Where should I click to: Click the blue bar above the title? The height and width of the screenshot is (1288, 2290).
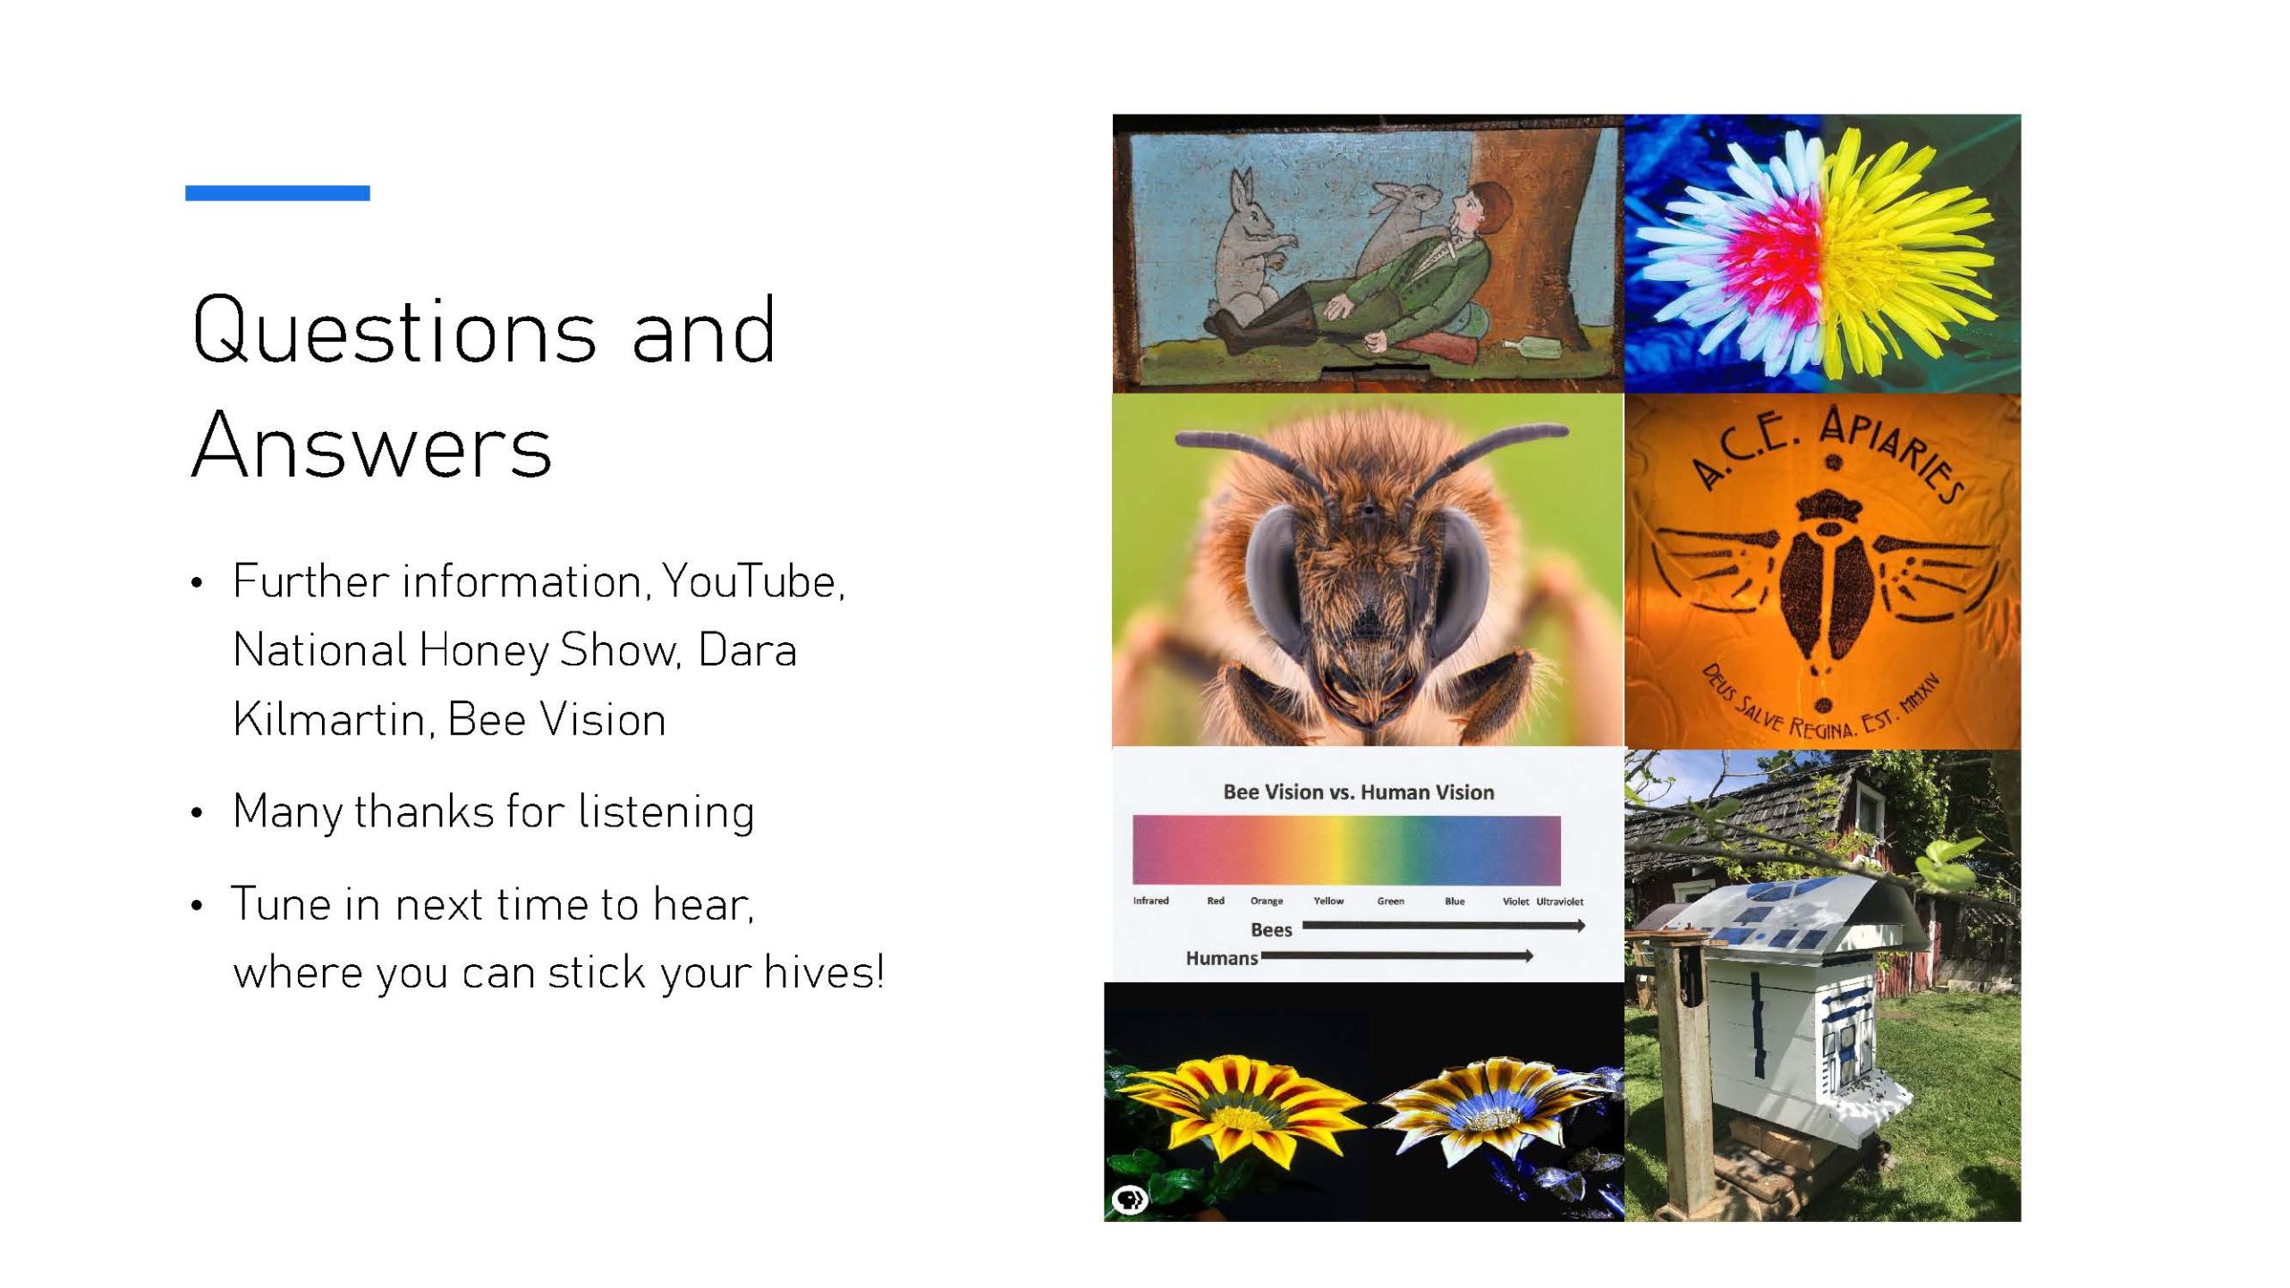click(x=277, y=192)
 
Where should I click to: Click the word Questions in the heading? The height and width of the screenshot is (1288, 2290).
click(x=394, y=331)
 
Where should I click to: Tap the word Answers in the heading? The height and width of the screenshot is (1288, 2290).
click(x=372, y=445)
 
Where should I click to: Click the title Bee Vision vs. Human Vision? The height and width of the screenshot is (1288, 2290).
click(x=1358, y=792)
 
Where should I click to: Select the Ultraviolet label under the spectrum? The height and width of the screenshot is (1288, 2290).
click(x=1560, y=902)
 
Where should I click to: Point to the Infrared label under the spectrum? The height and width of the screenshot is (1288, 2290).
click(x=1150, y=901)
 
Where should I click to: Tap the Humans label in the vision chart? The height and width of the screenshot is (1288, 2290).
click(x=1222, y=958)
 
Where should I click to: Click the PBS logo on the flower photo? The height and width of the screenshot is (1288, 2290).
click(x=1130, y=1199)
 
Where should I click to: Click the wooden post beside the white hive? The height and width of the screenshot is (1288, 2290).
click(x=1686, y=1073)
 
